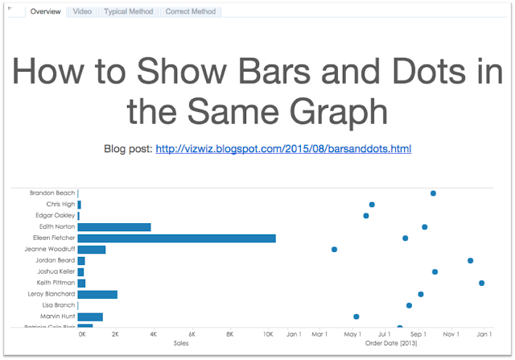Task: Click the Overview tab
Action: point(45,12)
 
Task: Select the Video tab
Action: point(82,12)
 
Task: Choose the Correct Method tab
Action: point(191,12)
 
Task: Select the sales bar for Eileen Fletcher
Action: point(177,238)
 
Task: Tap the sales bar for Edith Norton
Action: point(114,227)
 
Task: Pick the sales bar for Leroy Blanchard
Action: point(97,295)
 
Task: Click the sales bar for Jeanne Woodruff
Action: point(92,250)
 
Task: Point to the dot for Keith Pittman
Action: point(481,283)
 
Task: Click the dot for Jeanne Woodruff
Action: point(334,250)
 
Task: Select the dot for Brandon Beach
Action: point(433,193)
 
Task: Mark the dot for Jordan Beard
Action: point(470,260)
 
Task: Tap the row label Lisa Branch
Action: point(58,305)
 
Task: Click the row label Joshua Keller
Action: point(56,272)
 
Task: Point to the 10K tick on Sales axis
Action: point(269,334)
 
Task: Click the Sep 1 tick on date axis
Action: point(418,334)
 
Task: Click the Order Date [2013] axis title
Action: point(391,343)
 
